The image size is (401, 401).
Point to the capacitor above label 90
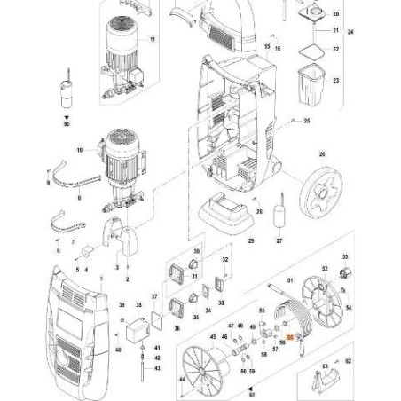pyautogui.click(x=66, y=90)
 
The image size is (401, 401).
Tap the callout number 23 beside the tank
pyautogui.click(x=335, y=81)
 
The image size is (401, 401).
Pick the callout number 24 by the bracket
pyautogui.click(x=350, y=32)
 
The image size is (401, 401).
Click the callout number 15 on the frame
pyautogui.click(x=268, y=43)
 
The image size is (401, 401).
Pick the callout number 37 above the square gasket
pyautogui.click(x=155, y=295)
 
